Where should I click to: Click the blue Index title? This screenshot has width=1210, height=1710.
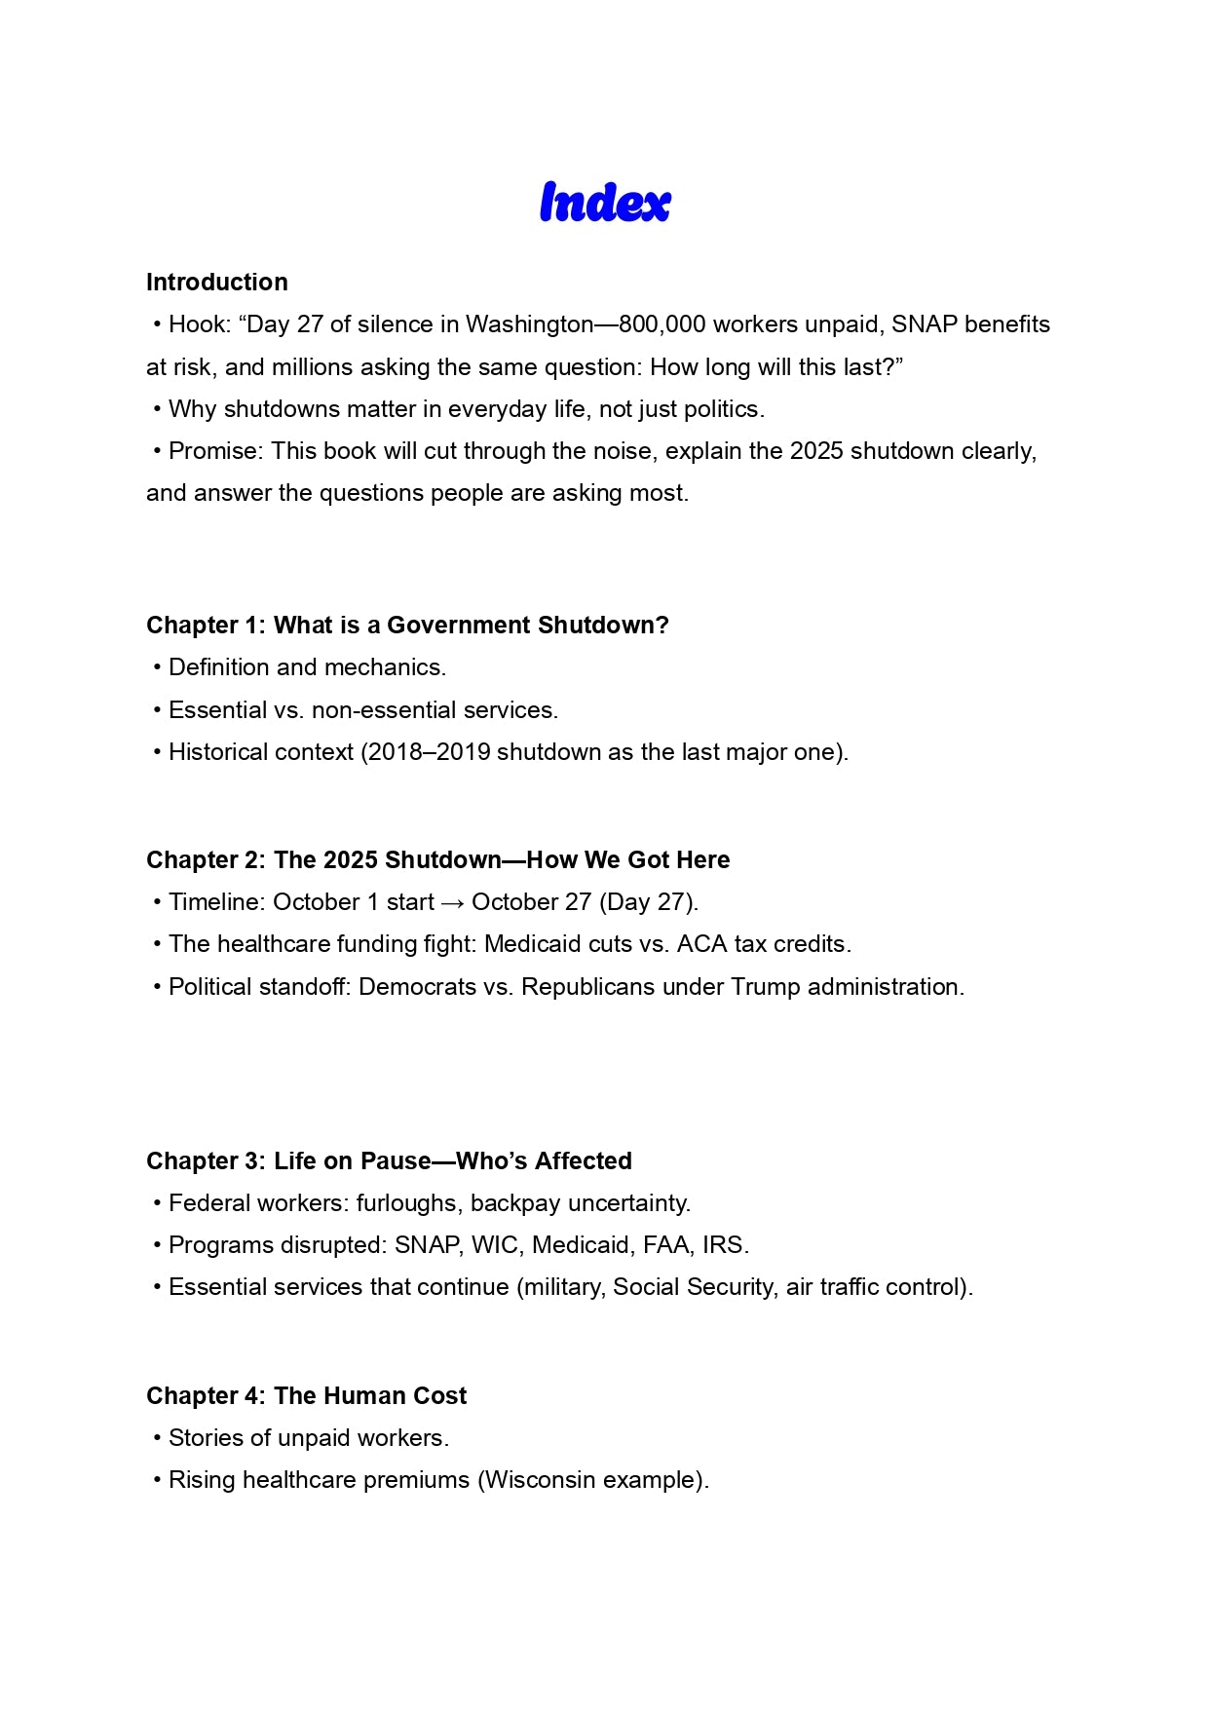[x=605, y=203]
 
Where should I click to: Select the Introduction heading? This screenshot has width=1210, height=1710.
[x=217, y=283]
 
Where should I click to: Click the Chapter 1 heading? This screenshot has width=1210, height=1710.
[x=407, y=626]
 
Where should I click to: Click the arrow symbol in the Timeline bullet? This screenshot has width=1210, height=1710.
[x=452, y=903]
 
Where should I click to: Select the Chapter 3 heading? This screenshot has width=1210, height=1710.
[x=389, y=1161]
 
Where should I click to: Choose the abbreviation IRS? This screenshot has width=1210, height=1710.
[x=723, y=1245]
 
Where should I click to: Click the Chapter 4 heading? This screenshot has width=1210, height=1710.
[x=306, y=1396]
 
